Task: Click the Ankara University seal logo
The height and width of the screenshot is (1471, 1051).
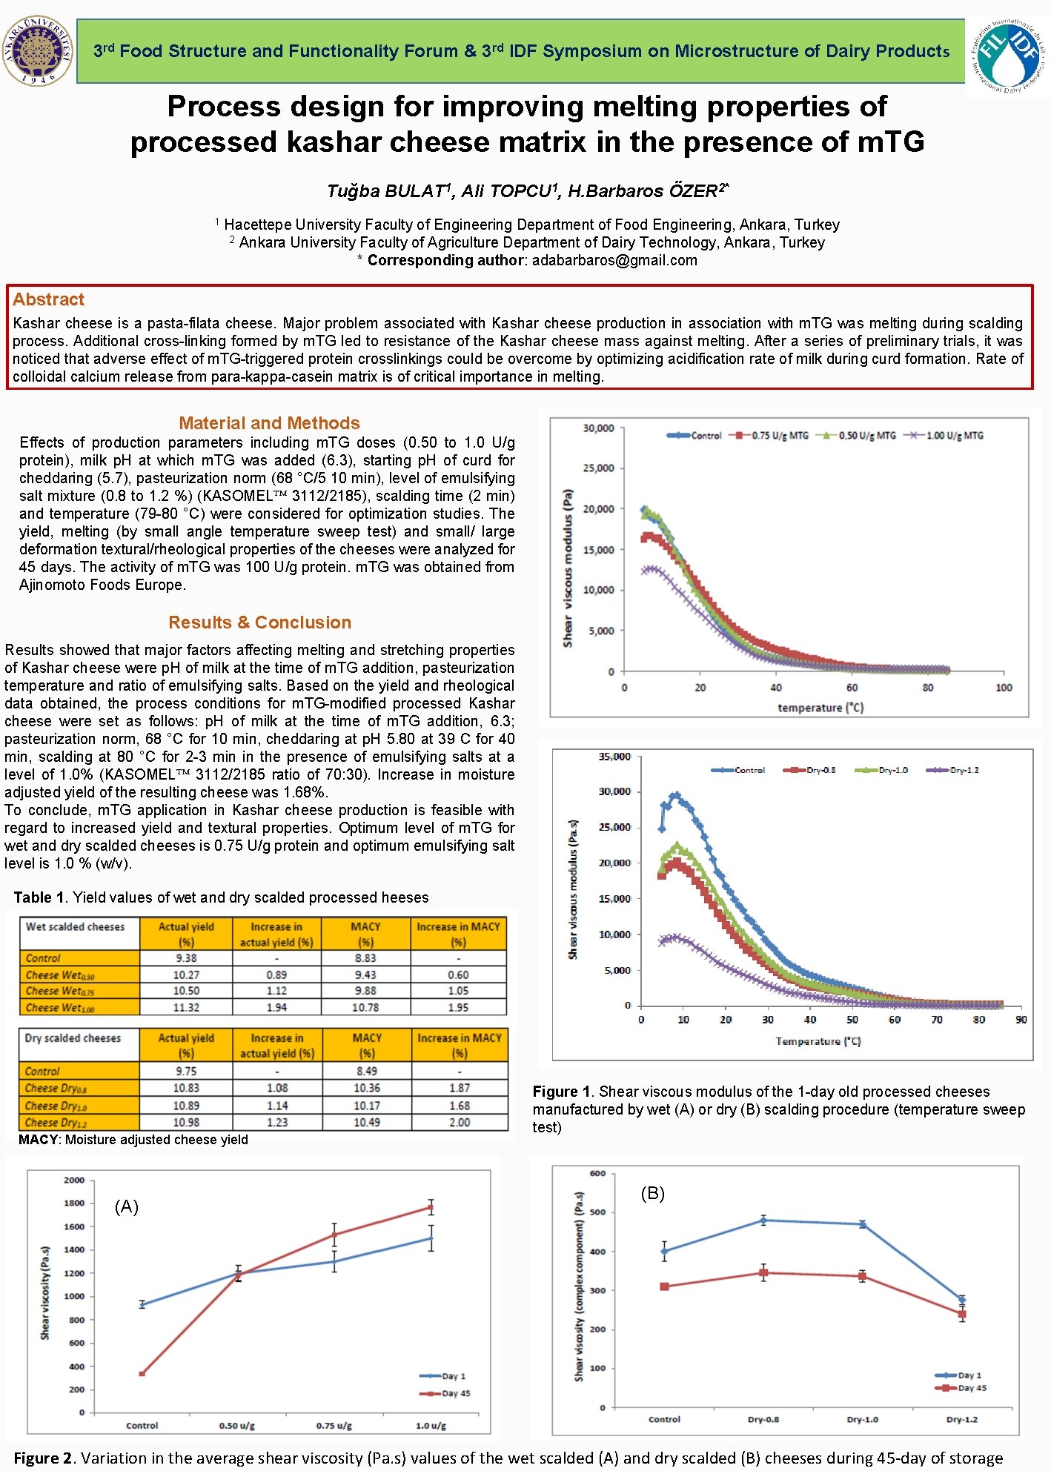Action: (37, 50)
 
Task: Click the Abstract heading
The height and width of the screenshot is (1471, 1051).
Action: (48, 299)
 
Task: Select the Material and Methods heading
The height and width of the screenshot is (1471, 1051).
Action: (269, 423)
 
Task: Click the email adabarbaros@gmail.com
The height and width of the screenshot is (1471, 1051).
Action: (614, 260)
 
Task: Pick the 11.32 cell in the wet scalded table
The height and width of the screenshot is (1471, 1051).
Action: (186, 1007)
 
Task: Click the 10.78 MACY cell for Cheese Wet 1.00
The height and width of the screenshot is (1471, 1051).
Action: (365, 1007)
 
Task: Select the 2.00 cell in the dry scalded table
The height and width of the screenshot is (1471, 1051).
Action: (460, 1122)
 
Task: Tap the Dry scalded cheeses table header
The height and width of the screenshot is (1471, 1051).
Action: (73, 1038)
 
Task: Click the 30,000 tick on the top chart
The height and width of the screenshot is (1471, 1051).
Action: (598, 428)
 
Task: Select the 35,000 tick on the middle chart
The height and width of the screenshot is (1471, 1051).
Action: (614, 757)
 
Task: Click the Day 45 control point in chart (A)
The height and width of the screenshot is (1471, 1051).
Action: (142, 1373)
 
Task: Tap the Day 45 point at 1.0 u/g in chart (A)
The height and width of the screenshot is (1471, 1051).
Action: (431, 1207)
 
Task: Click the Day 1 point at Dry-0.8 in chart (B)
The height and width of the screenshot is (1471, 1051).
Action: (763, 1220)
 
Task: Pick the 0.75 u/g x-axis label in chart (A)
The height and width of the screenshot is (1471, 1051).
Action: (334, 1425)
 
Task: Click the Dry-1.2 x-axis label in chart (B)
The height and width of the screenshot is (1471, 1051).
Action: (961, 1419)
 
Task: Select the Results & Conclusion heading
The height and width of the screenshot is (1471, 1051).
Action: (259, 622)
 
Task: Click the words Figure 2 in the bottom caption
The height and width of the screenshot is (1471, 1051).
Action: (44, 1458)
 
